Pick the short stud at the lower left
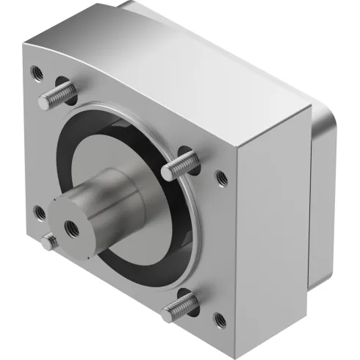pos(50,241)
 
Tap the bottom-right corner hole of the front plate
pos(218,319)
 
